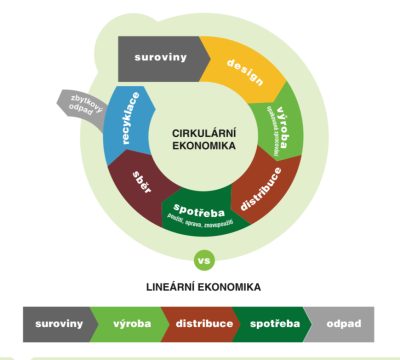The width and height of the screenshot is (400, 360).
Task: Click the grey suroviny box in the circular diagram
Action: point(160,57)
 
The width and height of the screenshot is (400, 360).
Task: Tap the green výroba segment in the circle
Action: point(283,129)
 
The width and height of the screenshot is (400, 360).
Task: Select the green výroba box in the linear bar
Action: point(130,324)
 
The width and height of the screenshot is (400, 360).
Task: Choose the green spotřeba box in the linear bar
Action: point(274,324)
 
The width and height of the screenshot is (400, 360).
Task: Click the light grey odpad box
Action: point(343,324)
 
